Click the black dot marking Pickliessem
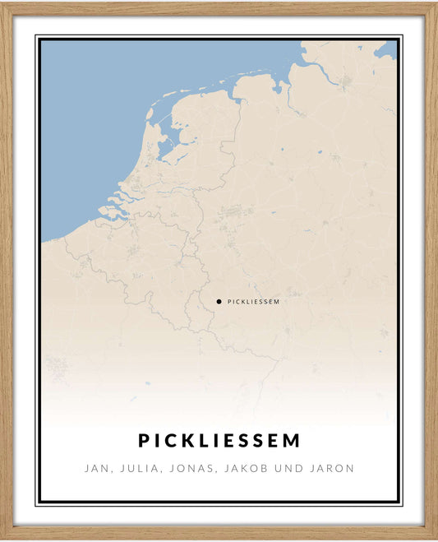219,302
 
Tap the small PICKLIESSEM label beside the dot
253,302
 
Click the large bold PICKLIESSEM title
219,441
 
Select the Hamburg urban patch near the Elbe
346,81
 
